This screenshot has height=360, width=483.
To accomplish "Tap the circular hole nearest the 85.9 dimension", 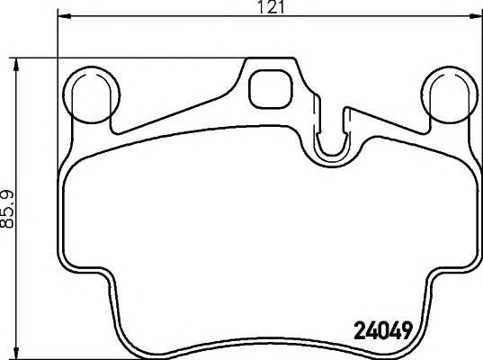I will [94, 93].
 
